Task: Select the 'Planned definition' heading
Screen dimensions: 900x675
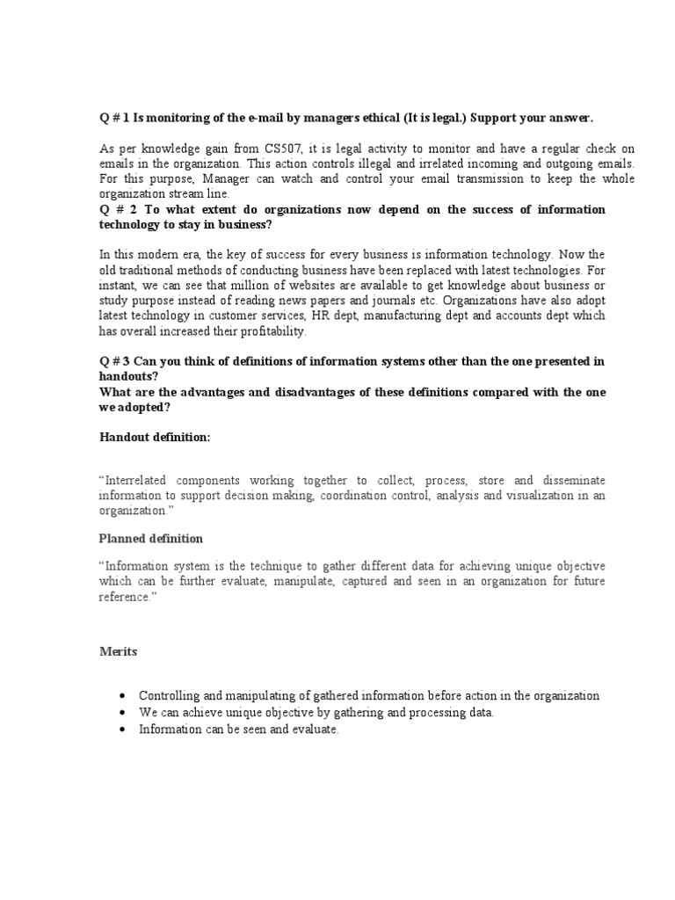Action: click(150, 538)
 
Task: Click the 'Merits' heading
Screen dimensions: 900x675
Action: click(117, 651)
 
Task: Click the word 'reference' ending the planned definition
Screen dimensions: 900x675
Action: click(124, 597)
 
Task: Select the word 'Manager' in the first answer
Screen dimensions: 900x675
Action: click(203, 178)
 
